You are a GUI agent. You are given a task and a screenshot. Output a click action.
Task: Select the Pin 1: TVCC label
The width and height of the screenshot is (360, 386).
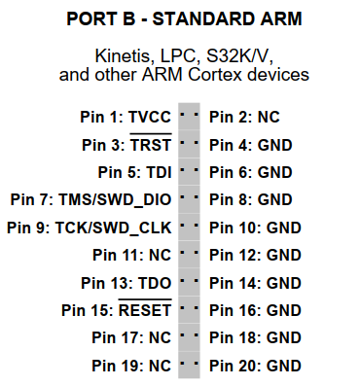point(126,117)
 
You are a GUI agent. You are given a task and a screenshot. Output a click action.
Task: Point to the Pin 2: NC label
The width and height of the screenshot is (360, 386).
point(244,117)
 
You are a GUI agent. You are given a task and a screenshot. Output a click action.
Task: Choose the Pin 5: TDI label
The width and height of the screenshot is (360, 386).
point(134,173)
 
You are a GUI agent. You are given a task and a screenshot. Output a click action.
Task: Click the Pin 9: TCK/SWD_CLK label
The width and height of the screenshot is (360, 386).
point(89,228)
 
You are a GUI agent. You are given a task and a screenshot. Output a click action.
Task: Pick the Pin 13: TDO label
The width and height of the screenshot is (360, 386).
point(131,283)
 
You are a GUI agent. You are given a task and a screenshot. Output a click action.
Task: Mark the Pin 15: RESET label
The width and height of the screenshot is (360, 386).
point(116,311)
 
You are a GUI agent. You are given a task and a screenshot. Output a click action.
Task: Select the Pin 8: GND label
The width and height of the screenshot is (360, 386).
point(251,200)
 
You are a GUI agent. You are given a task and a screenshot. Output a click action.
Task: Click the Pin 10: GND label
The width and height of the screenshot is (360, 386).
point(255,228)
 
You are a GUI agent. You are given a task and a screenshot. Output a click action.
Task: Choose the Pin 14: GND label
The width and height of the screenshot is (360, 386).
point(255,283)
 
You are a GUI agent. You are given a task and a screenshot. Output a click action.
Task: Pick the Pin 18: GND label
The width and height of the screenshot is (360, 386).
point(255,338)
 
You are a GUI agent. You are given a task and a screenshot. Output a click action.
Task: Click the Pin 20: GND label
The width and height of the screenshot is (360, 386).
point(255,366)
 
